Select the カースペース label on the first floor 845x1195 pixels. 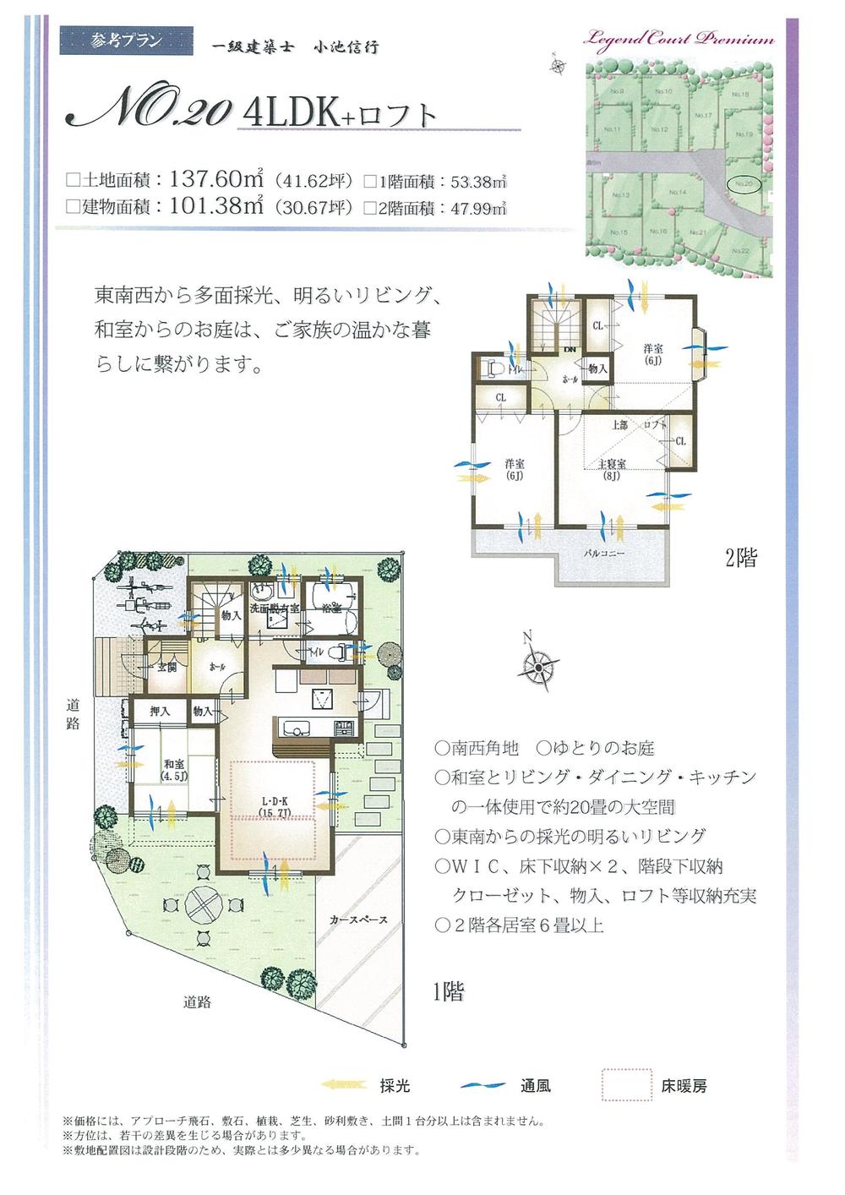click(358, 919)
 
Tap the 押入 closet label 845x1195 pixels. click(160, 712)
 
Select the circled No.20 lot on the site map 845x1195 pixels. click(744, 183)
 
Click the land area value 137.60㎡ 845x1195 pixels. click(218, 180)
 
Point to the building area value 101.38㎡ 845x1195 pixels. click(218, 206)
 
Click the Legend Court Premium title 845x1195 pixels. click(685, 40)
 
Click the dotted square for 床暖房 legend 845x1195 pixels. click(626, 1085)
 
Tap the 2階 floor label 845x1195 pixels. click(740, 558)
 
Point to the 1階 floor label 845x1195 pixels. click(448, 991)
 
